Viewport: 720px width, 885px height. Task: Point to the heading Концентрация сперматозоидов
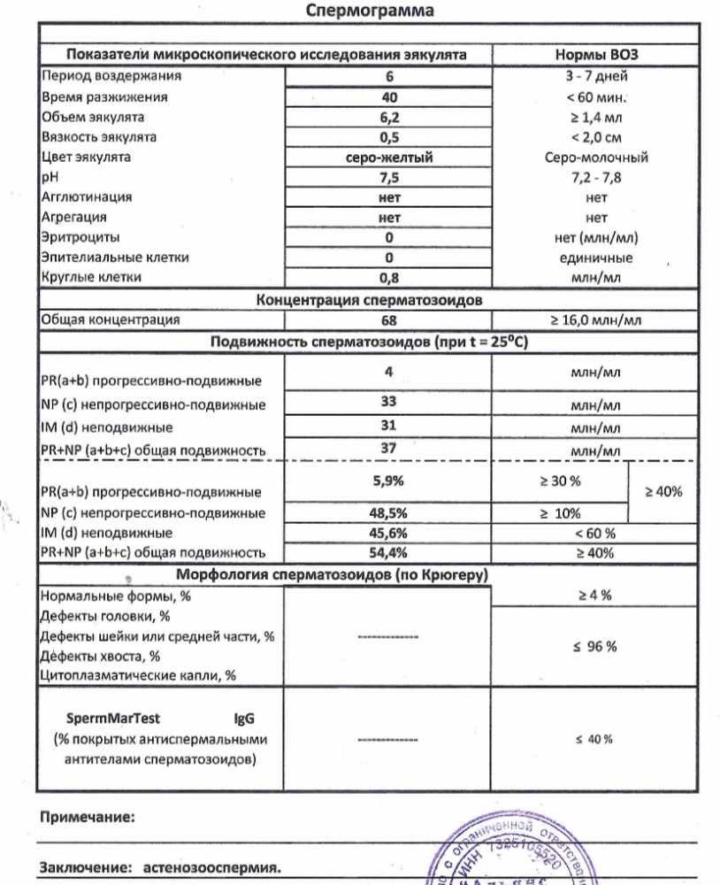(x=370, y=299)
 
